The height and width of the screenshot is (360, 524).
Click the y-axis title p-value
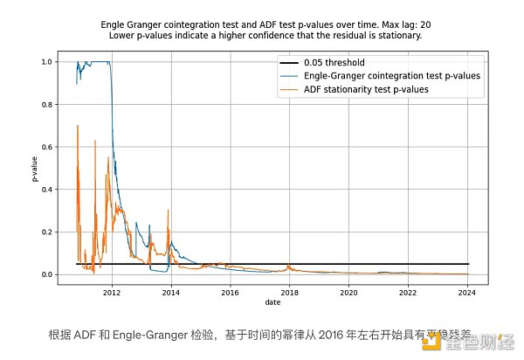(35, 168)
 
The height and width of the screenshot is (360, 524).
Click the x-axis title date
(274, 303)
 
